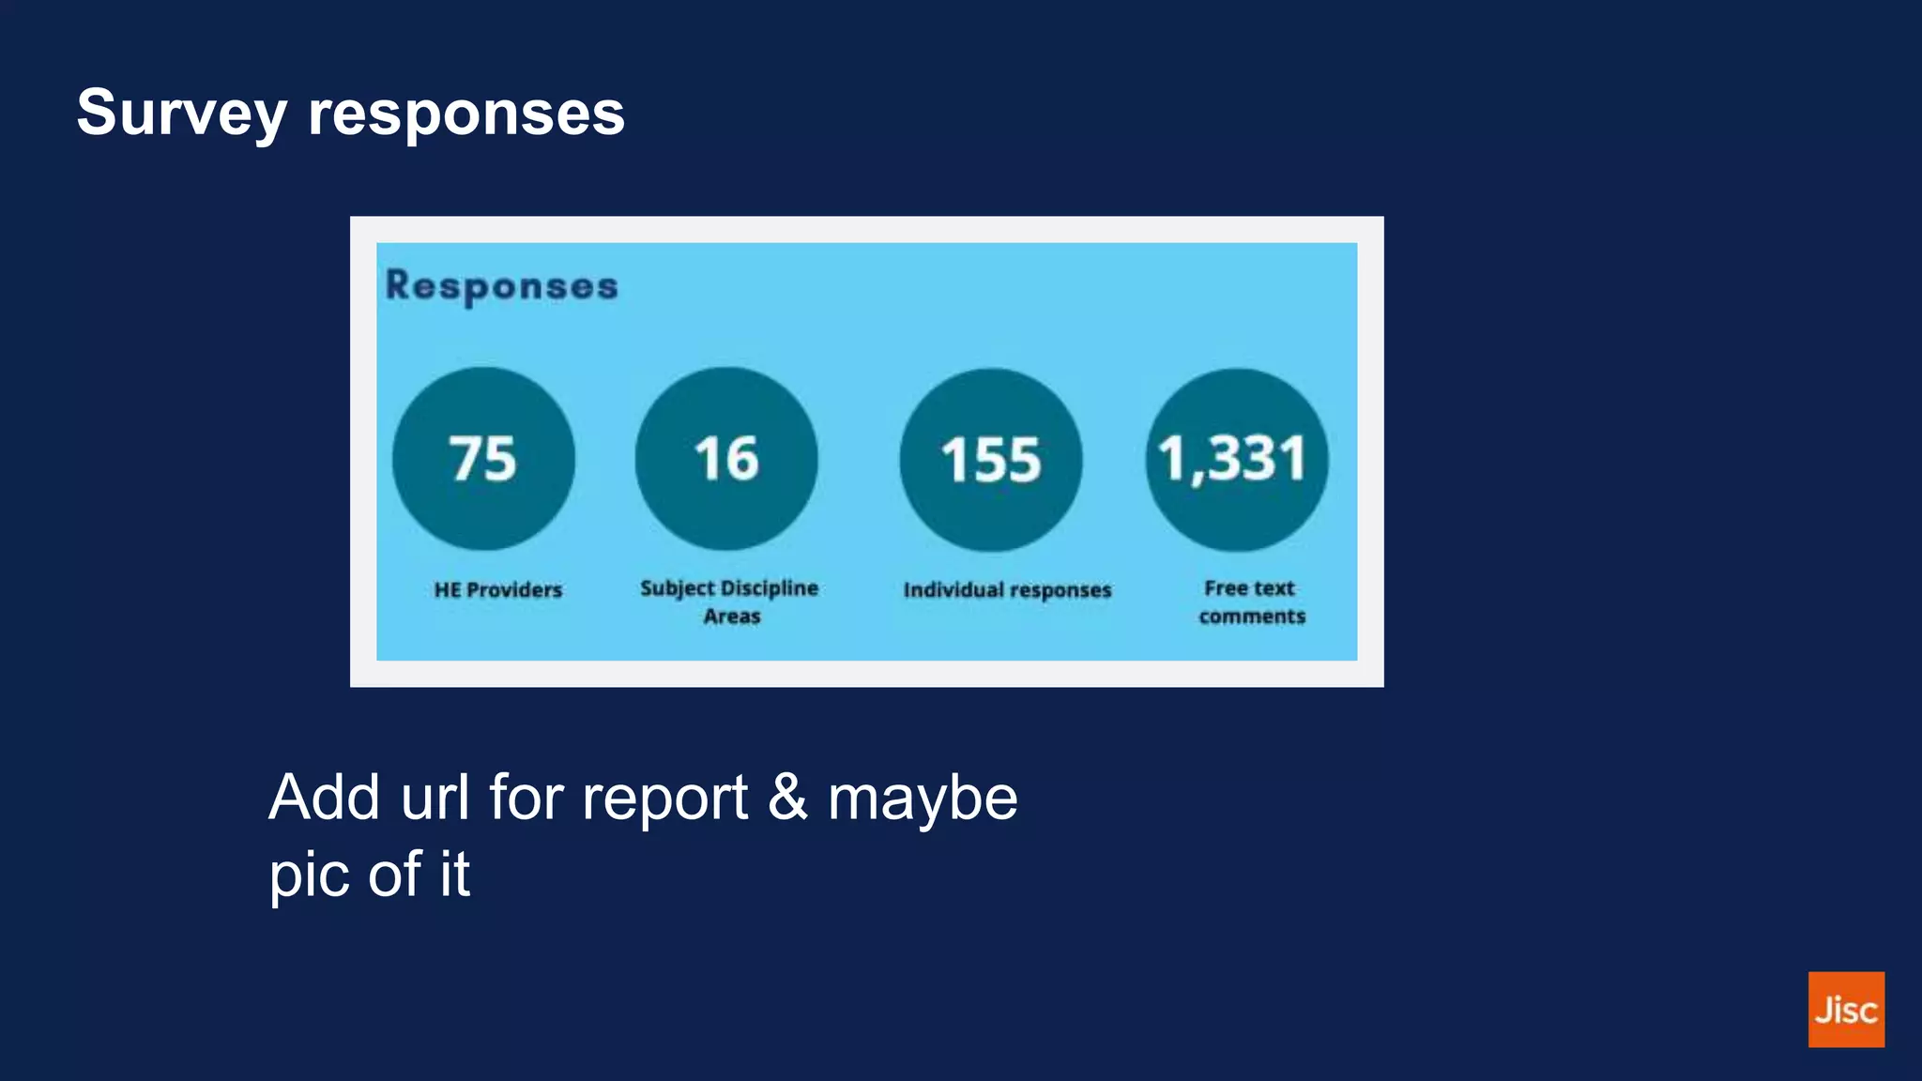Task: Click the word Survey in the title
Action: point(181,114)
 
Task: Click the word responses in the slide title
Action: point(465,114)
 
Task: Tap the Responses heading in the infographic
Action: point(502,286)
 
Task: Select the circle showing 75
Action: point(483,459)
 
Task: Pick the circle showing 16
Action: point(725,459)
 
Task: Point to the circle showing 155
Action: point(990,460)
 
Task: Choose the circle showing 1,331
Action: point(1236,460)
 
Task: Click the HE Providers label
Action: point(498,590)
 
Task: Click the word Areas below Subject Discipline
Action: point(732,617)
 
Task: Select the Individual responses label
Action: point(1007,590)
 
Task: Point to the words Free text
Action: point(1249,588)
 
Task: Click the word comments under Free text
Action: point(1252,617)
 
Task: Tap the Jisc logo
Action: point(1846,1010)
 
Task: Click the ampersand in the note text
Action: point(787,798)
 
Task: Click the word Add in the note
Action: point(325,798)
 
